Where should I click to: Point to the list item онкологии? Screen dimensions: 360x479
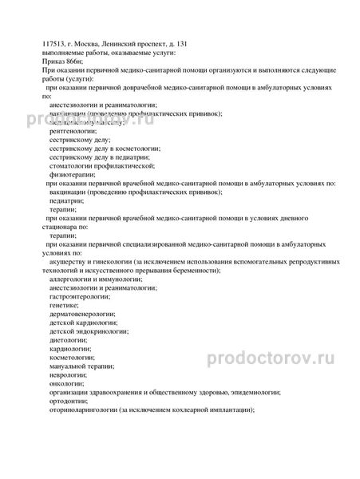click(65, 383)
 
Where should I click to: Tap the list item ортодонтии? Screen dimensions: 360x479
click(67, 402)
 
